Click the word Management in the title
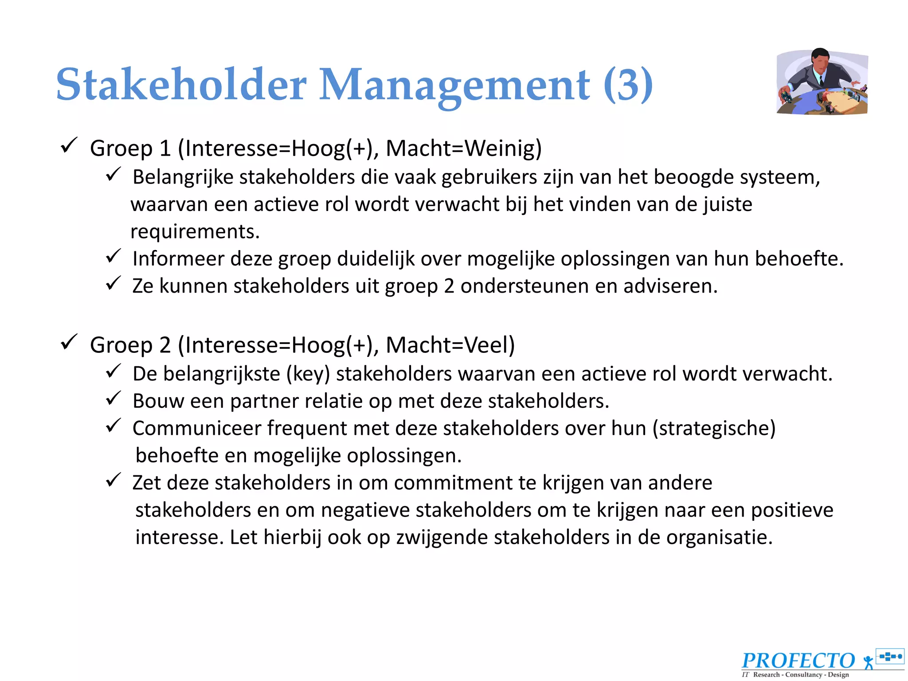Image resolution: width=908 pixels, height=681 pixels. pyautogui.click(x=454, y=85)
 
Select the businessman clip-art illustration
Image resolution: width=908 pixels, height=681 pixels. pyautogui.click(x=822, y=82)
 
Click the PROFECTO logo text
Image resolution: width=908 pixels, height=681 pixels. pyautogui.click(x=798, y=661)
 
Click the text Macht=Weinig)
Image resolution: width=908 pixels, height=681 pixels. pyautogui.click(x=464, y=148)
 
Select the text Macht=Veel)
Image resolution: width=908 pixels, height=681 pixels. pyautogui.click(x=450, y=345)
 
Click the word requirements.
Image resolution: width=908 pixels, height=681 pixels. pyautogui.click(x=195, y=231)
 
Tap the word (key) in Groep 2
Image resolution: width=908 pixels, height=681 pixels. pyautogui.click(x=308, y=374)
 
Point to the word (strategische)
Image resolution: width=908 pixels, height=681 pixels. pyautogui.click(x=714, y=429)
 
